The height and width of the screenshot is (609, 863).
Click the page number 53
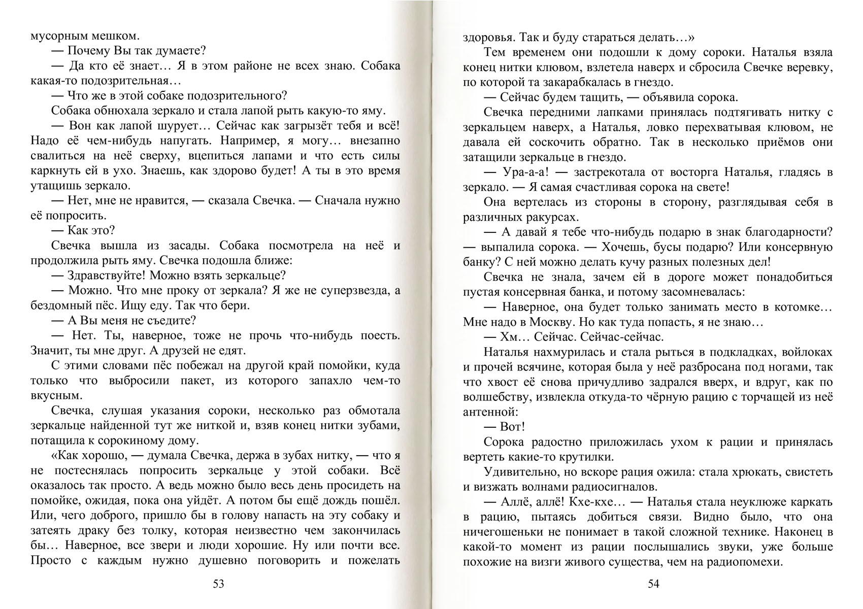point(218,584)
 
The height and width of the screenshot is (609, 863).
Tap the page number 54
point(653,584)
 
